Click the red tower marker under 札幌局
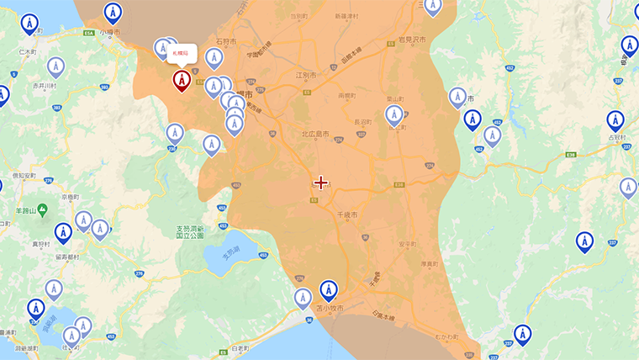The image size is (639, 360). (181, 80)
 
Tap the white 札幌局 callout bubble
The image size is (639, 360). (181, 53)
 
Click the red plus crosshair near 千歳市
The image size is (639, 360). (320, 183)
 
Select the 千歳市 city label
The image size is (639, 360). (348, 215)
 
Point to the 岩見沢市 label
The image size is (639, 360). (412, 40)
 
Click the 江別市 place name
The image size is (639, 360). (306, 76)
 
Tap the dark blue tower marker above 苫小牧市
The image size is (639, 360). (329, 290)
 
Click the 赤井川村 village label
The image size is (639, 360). (44, 86)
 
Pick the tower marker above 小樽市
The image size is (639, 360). (112, 13)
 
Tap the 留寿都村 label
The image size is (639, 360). (66, 257)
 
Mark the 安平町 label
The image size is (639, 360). (406, 244)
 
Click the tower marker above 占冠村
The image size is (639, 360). (615, 120)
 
